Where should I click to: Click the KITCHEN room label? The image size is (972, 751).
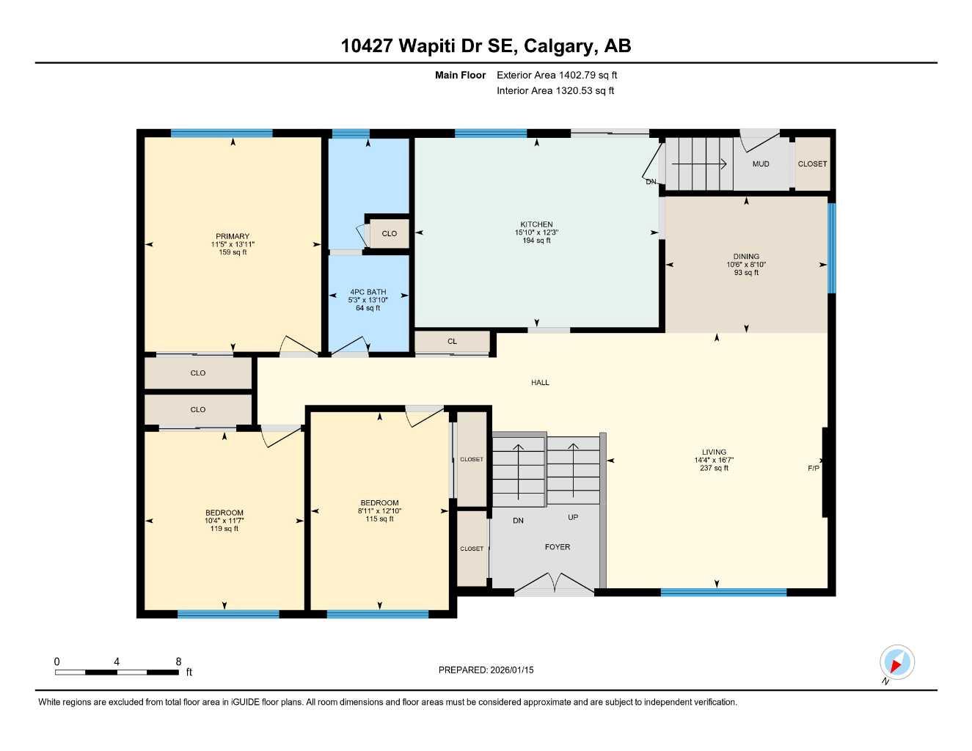pos(536,224)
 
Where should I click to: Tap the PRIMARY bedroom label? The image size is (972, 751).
pos(233,236)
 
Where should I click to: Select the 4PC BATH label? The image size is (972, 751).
pos(368,292)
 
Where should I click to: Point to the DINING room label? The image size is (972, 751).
pos(746,257)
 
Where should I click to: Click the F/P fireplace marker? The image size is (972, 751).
pos(814,468)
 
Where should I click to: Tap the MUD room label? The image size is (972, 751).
pos(761,164)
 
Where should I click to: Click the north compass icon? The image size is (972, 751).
pos(896,663)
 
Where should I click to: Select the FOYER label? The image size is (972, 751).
pos(558,547)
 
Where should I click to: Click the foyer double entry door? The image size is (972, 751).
pos(555,584)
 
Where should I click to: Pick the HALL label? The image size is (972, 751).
pos(541,382)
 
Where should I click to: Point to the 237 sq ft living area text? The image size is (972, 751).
pos(714,468)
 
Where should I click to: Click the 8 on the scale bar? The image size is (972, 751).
pos(178,662)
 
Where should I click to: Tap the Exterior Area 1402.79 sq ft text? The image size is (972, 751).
pos(557,75)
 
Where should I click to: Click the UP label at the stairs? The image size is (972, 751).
pos(573,517)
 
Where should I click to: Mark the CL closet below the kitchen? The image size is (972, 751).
pos(452,342)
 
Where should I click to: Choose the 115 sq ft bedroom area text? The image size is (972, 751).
pos(379,519)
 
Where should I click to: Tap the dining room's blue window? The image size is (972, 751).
pos(831,248)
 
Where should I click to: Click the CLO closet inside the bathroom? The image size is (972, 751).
pos(389,233)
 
